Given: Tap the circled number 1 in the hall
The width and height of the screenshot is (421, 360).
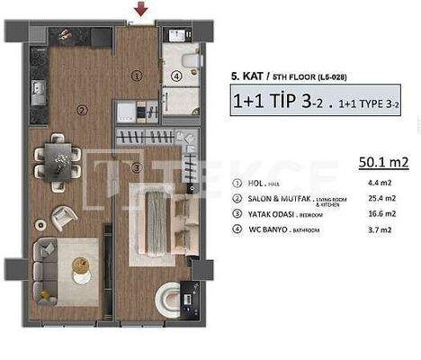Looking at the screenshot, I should click(136, 77).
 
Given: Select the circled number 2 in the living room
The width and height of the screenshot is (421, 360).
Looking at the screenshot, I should click(81, 111).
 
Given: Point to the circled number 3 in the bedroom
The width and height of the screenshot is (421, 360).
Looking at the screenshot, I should click(137, 167).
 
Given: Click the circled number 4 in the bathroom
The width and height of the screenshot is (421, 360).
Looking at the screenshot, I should click(177, 77).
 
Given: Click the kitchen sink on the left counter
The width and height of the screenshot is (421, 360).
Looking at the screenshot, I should click(39, 90).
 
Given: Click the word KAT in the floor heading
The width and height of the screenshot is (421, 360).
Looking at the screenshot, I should click(254, 78).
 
